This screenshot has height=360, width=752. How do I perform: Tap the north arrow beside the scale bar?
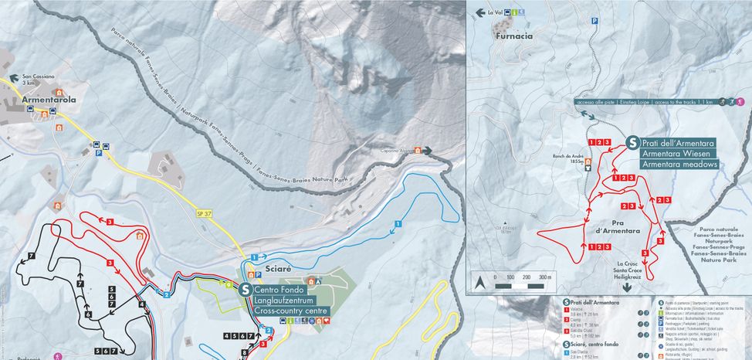point(479,282)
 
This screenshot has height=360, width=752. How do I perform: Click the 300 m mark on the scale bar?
point(546,277)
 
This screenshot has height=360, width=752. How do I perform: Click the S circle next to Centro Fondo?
point(245,290)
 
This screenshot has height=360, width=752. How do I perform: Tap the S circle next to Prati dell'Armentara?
point(632,143)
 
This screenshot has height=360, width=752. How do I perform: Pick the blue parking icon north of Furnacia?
point(594,22)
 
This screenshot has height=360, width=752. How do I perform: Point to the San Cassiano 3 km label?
point(37,80)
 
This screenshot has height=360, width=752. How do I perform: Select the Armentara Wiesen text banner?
point(677,154)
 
